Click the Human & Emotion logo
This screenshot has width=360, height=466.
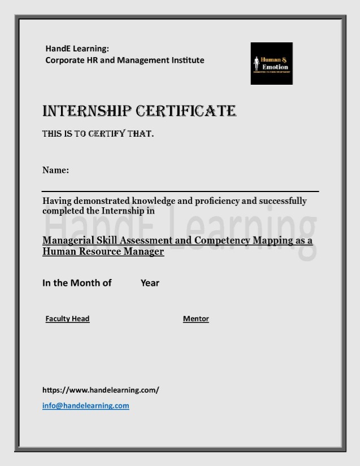point(271,63)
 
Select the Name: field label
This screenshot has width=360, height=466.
point(55,170)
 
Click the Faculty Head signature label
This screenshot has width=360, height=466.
point(67,319)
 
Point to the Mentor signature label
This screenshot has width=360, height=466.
point(196,319)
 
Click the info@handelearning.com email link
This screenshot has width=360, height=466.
point(86,406)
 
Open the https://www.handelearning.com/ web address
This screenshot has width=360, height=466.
point(101,390)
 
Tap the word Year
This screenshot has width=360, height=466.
point(150,283)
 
